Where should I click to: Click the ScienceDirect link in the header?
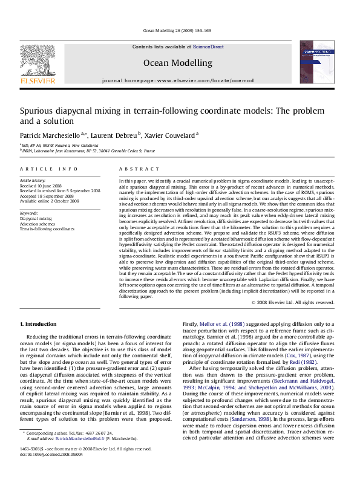[209, 47]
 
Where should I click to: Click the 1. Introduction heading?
[42, 325]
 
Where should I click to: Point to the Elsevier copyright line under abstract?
[293, 302]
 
